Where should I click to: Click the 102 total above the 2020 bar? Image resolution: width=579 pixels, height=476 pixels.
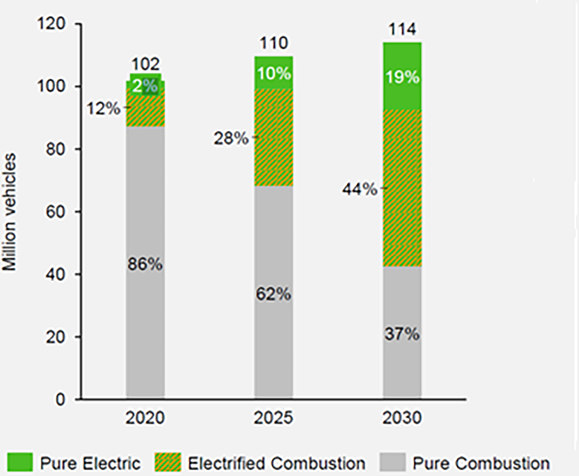[x=145, y=64]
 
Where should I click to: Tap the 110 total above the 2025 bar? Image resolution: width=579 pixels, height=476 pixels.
[x=274, y=44]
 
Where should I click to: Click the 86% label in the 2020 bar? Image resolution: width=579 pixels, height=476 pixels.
[x=145, y=264]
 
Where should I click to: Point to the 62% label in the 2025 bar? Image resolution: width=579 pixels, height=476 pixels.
[x=274, y=294]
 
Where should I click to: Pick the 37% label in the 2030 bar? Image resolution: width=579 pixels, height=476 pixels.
[x=402, y=334]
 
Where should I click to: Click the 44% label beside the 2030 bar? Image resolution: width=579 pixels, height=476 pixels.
[x=360, y=190]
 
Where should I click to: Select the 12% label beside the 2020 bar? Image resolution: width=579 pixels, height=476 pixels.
[x=103, y=108]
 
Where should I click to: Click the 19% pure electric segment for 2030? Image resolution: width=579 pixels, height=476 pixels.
[x=402, y=77]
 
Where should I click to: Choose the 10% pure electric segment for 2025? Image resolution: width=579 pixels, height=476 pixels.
[x=274, y=74]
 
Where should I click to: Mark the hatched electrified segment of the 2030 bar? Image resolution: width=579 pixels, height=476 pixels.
[x=402, y=226]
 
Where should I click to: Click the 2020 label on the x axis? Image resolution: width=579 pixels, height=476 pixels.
[x=145, y=419]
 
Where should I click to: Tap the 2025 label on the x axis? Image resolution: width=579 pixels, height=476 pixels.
[x=274, y=419]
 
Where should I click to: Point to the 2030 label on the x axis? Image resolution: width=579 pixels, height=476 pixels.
[x=402, y=419]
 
